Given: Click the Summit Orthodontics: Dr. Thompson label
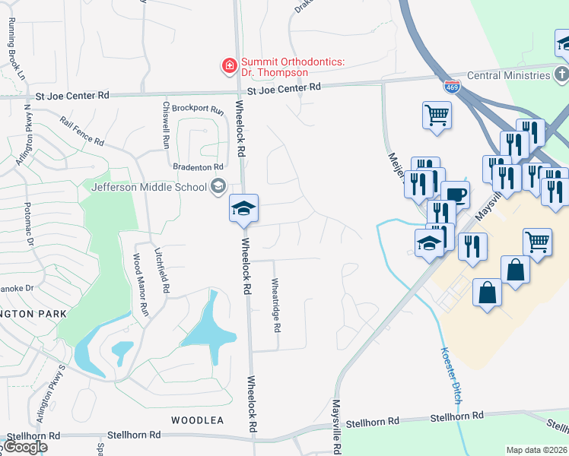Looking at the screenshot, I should (x=275, y=67).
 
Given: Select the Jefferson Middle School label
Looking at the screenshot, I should (x=148, y=187).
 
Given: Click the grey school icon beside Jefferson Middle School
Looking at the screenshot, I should (x=218, y=186).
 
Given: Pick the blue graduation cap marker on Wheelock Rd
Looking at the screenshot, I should (x=244, y=209).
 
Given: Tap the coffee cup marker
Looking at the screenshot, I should (x=455, y=195).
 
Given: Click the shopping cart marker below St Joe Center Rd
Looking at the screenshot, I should (x=437, y=116).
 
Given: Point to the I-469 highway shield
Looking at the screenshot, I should (x=452, y=87).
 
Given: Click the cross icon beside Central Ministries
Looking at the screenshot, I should (x=561, y=74).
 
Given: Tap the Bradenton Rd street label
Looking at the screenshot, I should (x=197, y=166).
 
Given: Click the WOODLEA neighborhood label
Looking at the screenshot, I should (x=197, y=420).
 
